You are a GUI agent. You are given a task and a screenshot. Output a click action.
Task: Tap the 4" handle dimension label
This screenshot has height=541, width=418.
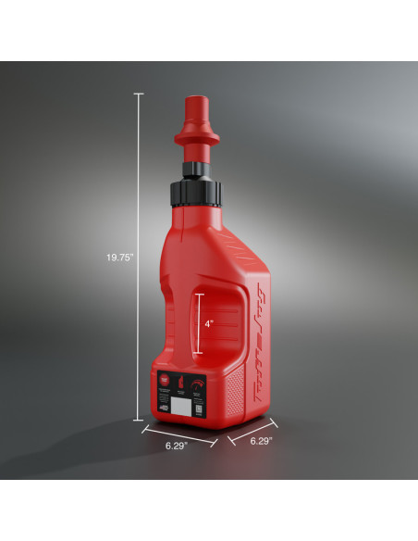(209, 324)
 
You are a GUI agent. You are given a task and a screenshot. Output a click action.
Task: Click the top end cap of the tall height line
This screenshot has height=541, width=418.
(140, 94)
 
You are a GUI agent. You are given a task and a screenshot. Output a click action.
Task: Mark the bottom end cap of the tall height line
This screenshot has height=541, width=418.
(140, 419)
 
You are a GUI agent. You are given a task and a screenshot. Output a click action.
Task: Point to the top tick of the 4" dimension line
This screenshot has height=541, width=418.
(195, 295)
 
